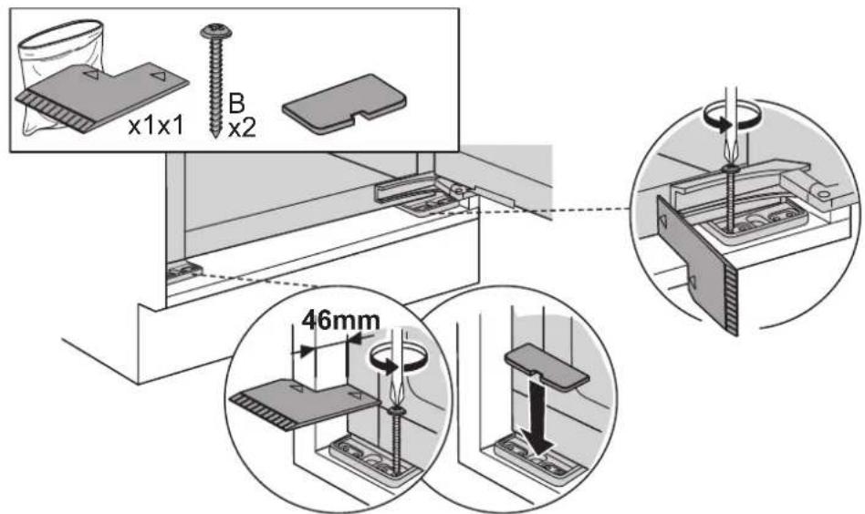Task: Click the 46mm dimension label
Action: pos(341,320)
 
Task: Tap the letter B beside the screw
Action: pos(236,104)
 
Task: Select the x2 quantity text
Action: pos(242,128)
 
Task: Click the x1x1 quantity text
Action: pos(156,127)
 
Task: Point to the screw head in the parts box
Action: pos(215,32)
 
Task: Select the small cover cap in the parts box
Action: pos(345,105)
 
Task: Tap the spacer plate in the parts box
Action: pos(102,97)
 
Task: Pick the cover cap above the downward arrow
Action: pos(547,366)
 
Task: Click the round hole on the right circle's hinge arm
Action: pos(823,194)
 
